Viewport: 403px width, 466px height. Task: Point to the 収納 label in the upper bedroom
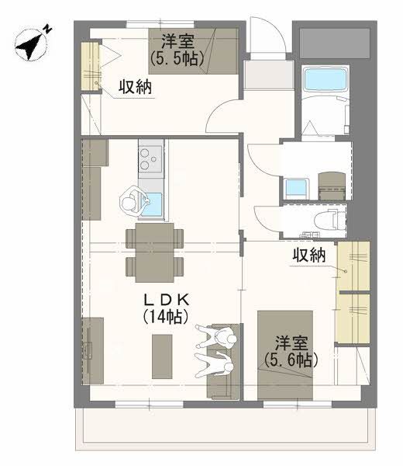tap(135, 88)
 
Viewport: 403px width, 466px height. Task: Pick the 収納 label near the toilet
tap(308, 255)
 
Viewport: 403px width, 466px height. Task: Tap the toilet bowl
tap(329, 220)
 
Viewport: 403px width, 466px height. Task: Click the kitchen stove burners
tap(150, 159)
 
